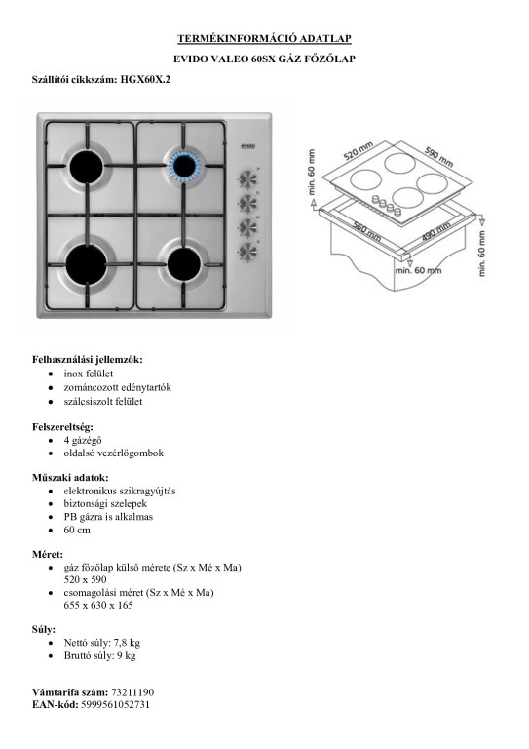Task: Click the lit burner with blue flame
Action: click(182, 166)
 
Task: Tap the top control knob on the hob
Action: click(248, 179)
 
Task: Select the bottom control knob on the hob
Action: click(248, 252)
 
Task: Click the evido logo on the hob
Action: click(247, 145)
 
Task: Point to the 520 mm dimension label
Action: click(359, 150)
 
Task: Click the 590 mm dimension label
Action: click(438, 157)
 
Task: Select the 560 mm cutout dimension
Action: click(367, 232)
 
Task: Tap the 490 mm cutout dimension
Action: click(436, 232)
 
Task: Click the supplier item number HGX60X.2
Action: click(145, 80)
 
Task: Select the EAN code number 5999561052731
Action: click(115, 704)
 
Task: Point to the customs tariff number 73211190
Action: click(132, 692)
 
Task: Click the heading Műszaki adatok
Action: click(70, 477)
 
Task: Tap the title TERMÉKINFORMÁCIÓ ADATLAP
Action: click(264, 38)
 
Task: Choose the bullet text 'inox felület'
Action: click(89, 374)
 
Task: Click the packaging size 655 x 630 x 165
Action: click(98, 606)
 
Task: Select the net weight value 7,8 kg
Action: click(127, 643)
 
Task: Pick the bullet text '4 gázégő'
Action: click(83, 440)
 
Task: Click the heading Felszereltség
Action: click(62, 426)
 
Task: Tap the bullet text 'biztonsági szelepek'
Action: click(105, 503)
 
